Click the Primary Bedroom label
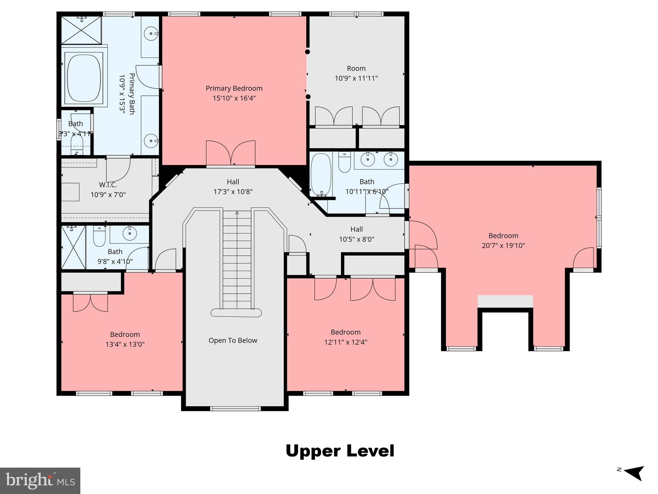pyautogui.click(x=234, y=88)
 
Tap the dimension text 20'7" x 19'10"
pyautogui.click(x=503, y=246)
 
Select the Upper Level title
pyautogui.click(x=340, y=451)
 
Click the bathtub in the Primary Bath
pyautogui.click(x=84, y=77)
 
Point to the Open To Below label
pyautogui.click(x=233, y=341)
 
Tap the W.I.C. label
pyautogui.click(x=108, y=185)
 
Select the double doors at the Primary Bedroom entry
pyautogui.click(x=230, y=153)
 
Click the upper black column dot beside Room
pyautogui.click(x=307, y=52)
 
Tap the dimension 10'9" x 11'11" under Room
pyautogui.click(x=356, y=78)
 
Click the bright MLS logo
pyautogui.click(x=40, y=480)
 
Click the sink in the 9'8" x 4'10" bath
pyautogui.click(x=129, y=234)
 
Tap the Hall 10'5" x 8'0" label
pyautogui.click(x=356, y=234)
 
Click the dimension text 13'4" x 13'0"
pyautogui.click(x=125, y=344)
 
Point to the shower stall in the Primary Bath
pyautogui.click(x=81, y=30)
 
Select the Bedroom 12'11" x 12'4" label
pyautogui.click(x=345, y=337)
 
